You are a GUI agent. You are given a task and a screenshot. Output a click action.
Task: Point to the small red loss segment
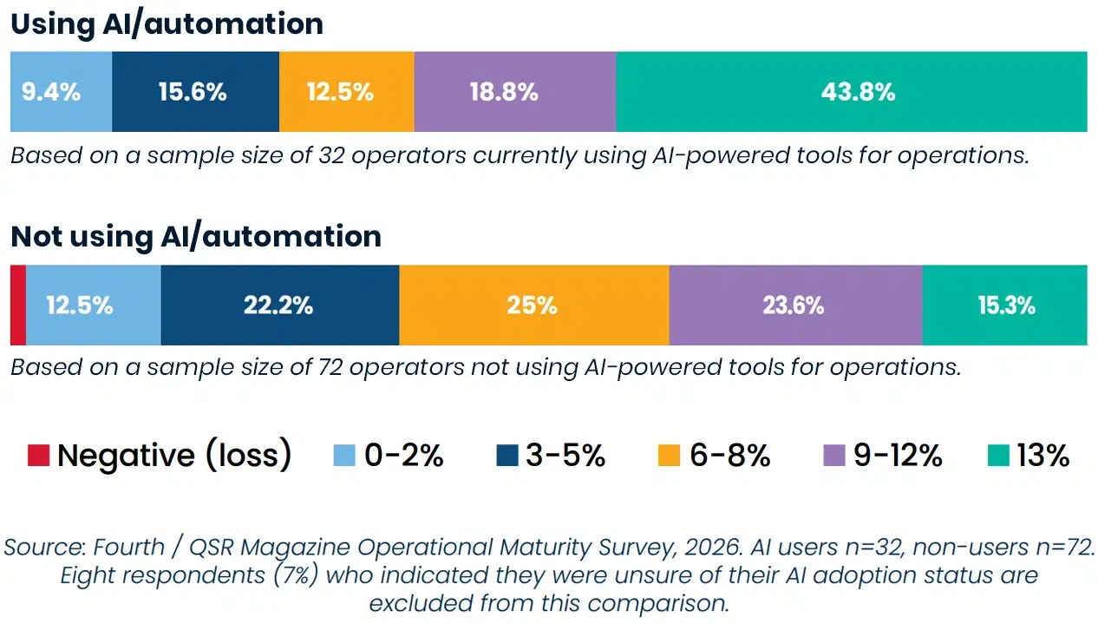[17, 305]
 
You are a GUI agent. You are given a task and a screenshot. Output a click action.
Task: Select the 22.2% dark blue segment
[279, 305]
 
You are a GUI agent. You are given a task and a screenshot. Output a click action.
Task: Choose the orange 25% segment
[533, 305]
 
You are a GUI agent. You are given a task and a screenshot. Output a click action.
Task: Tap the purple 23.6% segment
[794, 305]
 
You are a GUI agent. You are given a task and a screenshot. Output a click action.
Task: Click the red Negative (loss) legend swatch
[38, 456]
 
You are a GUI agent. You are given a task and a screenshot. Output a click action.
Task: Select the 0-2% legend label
[403, 456]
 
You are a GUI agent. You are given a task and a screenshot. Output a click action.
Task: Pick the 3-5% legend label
[565, 456]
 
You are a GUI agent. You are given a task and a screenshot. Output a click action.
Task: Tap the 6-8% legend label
[729, 456]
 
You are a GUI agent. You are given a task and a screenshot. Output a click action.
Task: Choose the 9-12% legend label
[898, 456]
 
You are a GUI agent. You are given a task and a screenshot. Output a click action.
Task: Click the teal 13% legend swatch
[998, 456]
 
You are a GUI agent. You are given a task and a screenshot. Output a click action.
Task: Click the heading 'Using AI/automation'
[167, 23]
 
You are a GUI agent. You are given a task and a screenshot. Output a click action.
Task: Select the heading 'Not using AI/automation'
[196, 236]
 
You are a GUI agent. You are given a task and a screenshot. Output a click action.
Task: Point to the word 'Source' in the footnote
[42, 548]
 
